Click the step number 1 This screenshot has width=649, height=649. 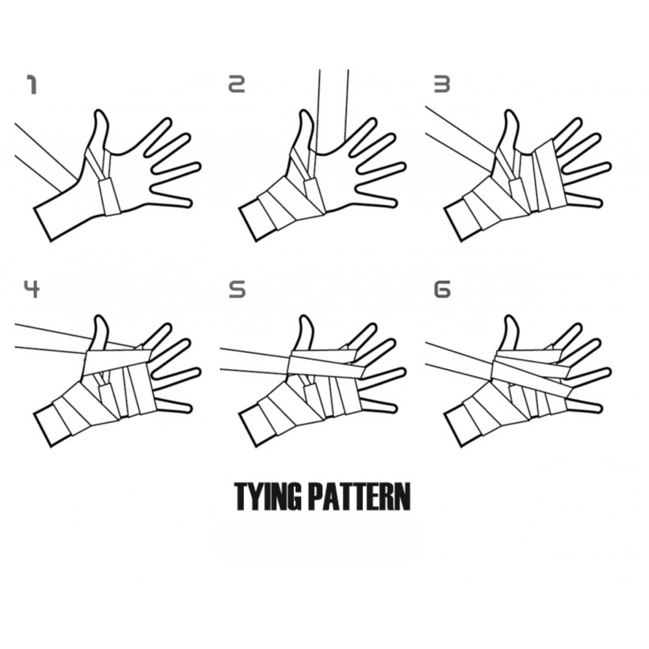pyautogui.click(x=32, y=85)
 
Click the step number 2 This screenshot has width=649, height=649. pyautogui.click(x=237, y=84)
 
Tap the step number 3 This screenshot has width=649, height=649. pyautogui.click(x=441, y=84)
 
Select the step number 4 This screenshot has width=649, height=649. pyautogui.click(x=31, y=289)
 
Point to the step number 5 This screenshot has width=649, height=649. pyautogui.click(x=237, y=289)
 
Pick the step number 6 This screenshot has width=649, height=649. pyautogui.click(x=442, y=289)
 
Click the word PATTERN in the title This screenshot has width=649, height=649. pyautogui.click(x=360, y=496)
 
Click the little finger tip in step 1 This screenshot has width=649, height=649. pyautogui.click(x=189, y=203)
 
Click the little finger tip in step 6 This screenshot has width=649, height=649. pyautogui.click(x=598, y=408)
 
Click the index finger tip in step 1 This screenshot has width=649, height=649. pyautogui.click(x=168, y=121)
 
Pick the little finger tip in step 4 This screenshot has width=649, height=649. pyautogui.click(x=189, y=408)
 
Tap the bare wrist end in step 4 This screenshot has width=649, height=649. pyautogui.click(x=43, y=430)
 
